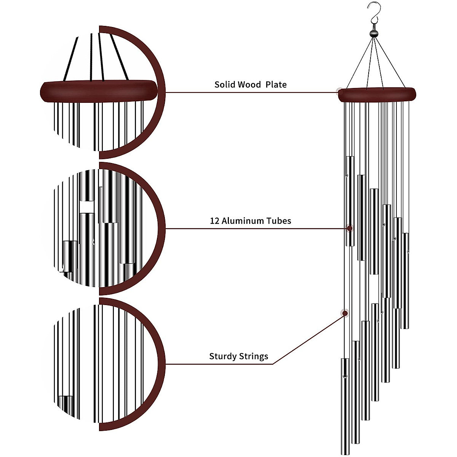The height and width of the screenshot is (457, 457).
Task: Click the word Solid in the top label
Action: click(x=224, y=85)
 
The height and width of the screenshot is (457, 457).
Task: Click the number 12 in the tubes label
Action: click(x=214, y=221)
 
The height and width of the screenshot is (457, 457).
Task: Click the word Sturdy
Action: click(x=223, y=357)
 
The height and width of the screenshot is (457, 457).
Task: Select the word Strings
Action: click(x=254, y=357)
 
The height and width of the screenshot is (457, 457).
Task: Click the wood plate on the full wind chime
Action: click(x=377, y=94)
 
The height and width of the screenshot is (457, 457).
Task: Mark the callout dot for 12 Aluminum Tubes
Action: click(x=349, y=228)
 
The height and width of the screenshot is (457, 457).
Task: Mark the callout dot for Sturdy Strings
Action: click(x=345, y=313)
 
